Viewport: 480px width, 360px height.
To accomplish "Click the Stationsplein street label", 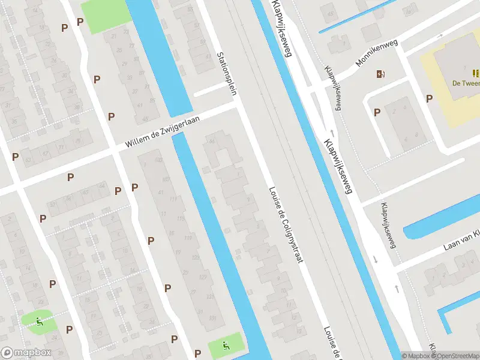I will coord(226,74).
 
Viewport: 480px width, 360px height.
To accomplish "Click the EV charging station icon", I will coord(380,74).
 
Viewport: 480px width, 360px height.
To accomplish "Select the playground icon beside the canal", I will coord(226,346).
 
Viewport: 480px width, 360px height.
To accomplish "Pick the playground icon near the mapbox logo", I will coord(40,322).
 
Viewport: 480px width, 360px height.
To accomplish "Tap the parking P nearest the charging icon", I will coord(377,112).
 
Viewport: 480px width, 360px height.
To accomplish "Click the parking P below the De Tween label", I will coord(429,98).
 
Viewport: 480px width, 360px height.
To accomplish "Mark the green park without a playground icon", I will coord(105,15).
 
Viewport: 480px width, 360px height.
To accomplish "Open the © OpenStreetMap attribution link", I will coord(455,356).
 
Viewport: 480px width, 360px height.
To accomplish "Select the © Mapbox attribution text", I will coord(416,356).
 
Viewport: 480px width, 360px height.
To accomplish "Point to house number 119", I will coord(187,239).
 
